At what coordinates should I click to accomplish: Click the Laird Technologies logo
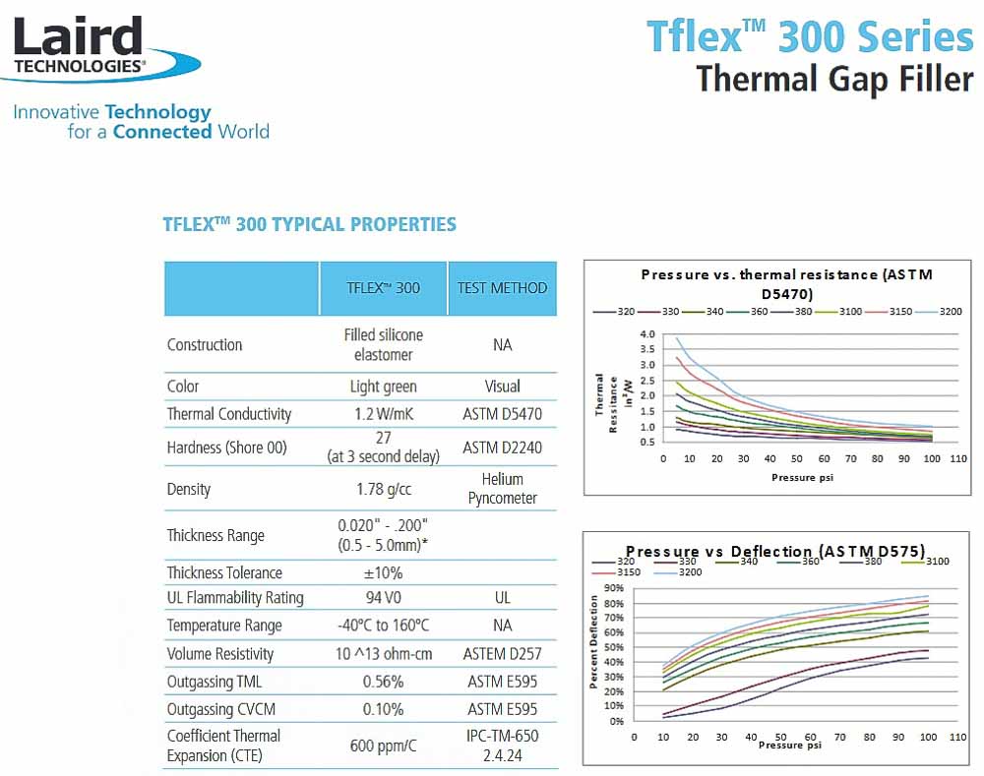[103, 47]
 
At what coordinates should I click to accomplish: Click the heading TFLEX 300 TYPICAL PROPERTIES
[309, 224]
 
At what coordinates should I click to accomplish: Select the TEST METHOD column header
[502, 288]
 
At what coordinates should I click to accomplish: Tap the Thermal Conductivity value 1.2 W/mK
[383, 414]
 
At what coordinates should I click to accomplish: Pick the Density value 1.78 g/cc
[383, 489]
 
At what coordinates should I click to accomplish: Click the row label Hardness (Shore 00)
[227, 448]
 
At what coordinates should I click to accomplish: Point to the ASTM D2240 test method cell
[502, 448]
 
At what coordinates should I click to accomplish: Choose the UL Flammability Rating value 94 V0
[383, 598]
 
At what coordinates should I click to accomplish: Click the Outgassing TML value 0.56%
[383, 682]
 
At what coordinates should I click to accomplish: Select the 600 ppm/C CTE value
[383, 746]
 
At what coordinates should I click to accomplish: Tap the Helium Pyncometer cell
[502, 489]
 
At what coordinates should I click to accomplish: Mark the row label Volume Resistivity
[220, 654]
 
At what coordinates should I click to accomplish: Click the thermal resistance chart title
[785, 283]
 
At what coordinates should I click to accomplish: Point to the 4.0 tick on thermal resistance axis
[646, 334]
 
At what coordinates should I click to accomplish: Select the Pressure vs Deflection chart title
[775, 551]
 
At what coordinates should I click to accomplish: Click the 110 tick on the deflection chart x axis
[956, 737]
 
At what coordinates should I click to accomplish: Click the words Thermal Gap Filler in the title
[834, 78]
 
